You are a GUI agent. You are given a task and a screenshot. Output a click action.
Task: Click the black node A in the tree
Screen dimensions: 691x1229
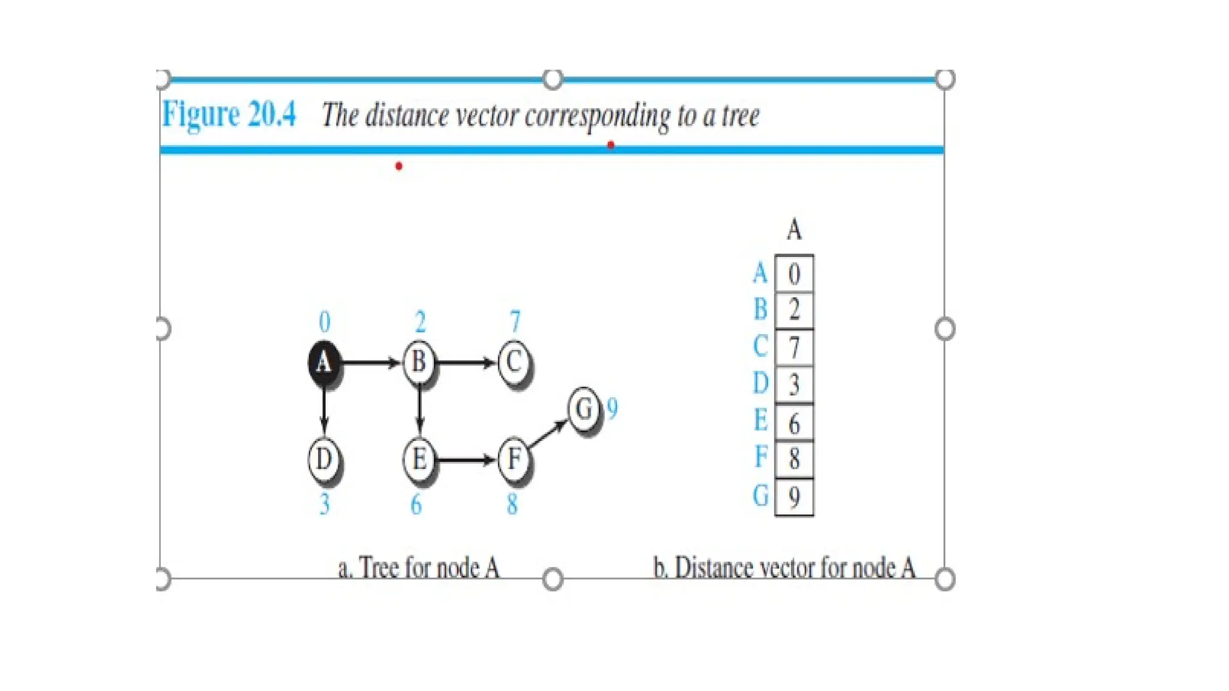click(323, 362)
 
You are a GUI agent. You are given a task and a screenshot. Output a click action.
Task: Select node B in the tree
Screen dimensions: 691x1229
click(419, 362)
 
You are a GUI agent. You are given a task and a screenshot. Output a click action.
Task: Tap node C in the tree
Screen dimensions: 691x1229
click(514, 362)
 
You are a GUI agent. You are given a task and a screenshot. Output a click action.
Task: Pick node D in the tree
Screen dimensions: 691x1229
click(323, 460)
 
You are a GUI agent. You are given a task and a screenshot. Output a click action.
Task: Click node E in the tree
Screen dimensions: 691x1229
click(419, 460)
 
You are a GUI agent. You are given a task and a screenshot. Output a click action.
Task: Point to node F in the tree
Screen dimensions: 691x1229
click(514, 460)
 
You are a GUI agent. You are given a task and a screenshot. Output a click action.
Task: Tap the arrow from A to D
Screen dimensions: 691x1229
click(324, 411)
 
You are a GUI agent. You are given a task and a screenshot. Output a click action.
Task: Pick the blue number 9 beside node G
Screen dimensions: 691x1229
click(612, 409)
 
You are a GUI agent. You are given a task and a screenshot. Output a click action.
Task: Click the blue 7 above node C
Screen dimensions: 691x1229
click(515, 322)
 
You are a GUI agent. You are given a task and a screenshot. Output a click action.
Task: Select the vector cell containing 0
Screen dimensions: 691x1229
click(794, 274)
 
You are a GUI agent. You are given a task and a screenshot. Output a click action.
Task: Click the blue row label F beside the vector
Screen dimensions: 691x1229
click(761, 457)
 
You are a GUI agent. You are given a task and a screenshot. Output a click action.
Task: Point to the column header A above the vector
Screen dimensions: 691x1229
click(794, 229)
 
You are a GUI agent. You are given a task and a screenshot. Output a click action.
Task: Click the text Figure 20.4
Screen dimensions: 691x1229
click(229, 113)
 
